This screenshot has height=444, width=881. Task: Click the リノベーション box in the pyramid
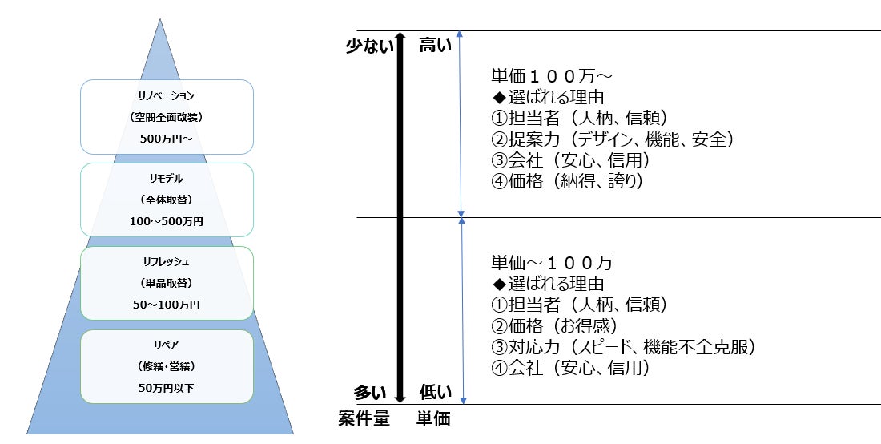pos(167,116)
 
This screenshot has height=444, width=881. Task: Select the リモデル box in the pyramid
pos(167,199)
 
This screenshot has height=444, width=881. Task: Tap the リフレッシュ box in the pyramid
pos(167,283)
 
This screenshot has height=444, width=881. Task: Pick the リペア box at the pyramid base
pos(167,366)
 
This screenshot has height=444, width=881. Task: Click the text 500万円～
pos(167,138)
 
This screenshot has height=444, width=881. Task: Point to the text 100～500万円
pos(167,220)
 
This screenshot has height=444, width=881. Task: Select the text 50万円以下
pos(167,388)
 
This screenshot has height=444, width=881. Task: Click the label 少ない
pos(370,46)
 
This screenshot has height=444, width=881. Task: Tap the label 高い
pos(436,46)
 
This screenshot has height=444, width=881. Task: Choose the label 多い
pos(372,393)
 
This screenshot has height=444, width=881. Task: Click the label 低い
pos(436,393)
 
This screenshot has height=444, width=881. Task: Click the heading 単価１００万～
pos(552,77)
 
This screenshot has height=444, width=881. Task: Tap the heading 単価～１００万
pos(552,263)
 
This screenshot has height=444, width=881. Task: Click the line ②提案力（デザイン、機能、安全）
pos(613,139)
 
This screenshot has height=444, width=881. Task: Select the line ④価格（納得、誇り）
pos(568,181)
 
